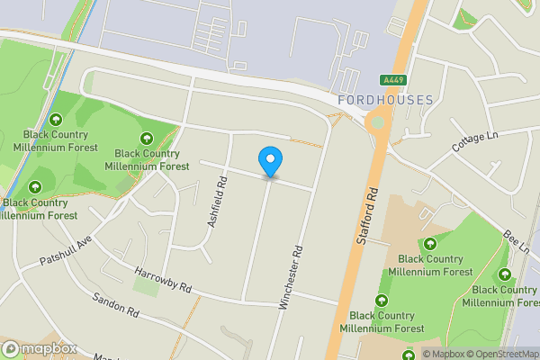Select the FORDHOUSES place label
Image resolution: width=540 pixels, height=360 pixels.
coord(385,100)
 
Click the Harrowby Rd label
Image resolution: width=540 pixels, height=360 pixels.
coord(164,281)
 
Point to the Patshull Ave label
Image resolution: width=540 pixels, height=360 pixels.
coord(65,251)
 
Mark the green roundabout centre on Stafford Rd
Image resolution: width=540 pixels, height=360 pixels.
coord(377,122)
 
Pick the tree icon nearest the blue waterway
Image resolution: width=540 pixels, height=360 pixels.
coord(57,120)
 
